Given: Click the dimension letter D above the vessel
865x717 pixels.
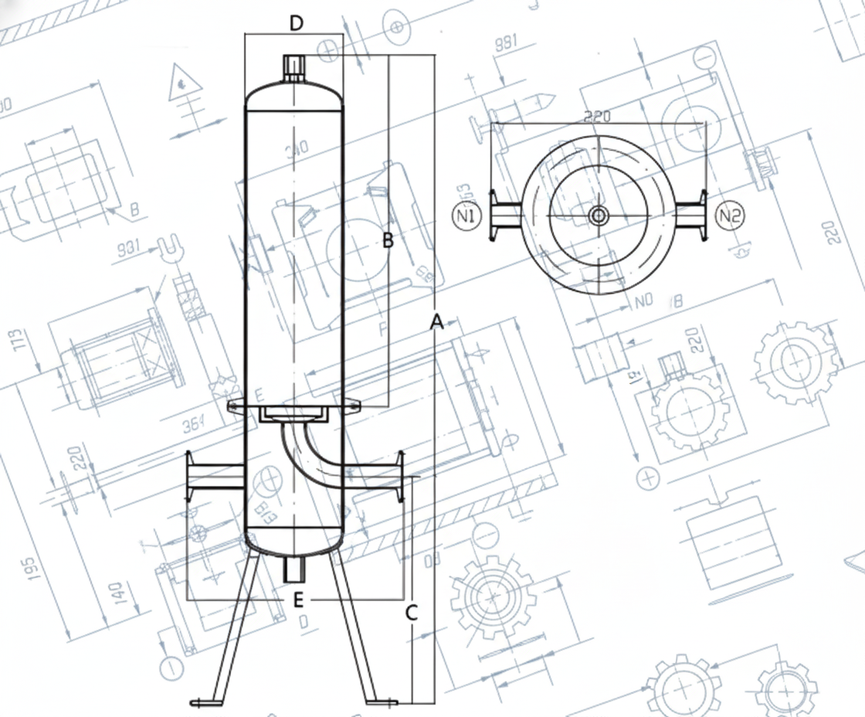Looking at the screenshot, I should tap(297, 23).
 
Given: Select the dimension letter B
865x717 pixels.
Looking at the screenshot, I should tap(388, 240).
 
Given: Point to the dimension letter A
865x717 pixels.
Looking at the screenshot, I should tap(436, 323).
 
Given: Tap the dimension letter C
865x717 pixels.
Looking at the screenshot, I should tap(412, 613).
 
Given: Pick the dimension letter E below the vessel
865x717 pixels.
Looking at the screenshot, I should tap(298, 600).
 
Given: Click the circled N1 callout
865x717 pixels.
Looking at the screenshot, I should tap(466, 216).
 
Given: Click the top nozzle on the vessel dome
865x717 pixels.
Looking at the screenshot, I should tap(293, 67).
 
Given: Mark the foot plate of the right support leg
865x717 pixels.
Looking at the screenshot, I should tap(382, 702).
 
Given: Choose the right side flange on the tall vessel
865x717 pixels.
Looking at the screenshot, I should tap(400, 477).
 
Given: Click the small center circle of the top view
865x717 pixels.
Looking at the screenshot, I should tap(599, 216).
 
